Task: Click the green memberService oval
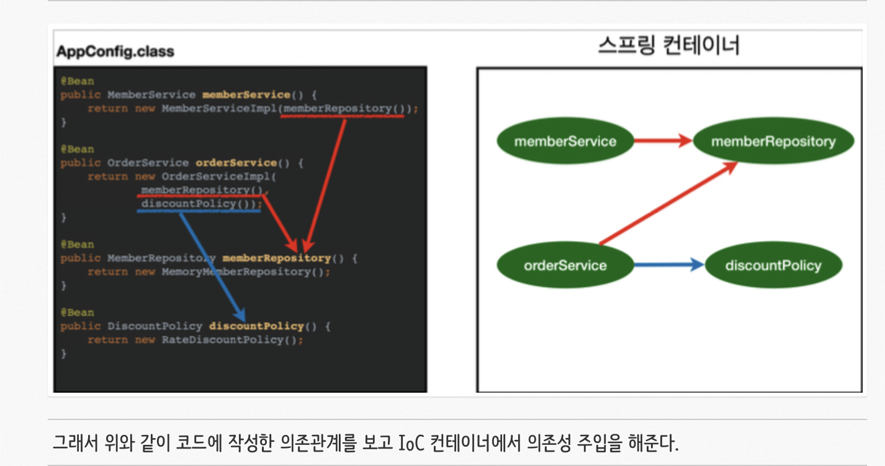565,141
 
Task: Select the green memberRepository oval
773,141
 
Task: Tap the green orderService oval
565,266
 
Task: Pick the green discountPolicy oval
773,266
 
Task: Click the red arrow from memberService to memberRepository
662,141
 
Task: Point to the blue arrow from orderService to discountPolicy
668,266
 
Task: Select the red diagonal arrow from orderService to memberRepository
668,203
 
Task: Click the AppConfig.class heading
115,51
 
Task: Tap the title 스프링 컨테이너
668,45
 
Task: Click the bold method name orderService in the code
236,163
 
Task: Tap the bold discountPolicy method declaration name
256,326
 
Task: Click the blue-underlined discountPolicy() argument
199,204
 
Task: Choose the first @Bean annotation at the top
77,81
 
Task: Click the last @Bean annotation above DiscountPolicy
77,313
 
